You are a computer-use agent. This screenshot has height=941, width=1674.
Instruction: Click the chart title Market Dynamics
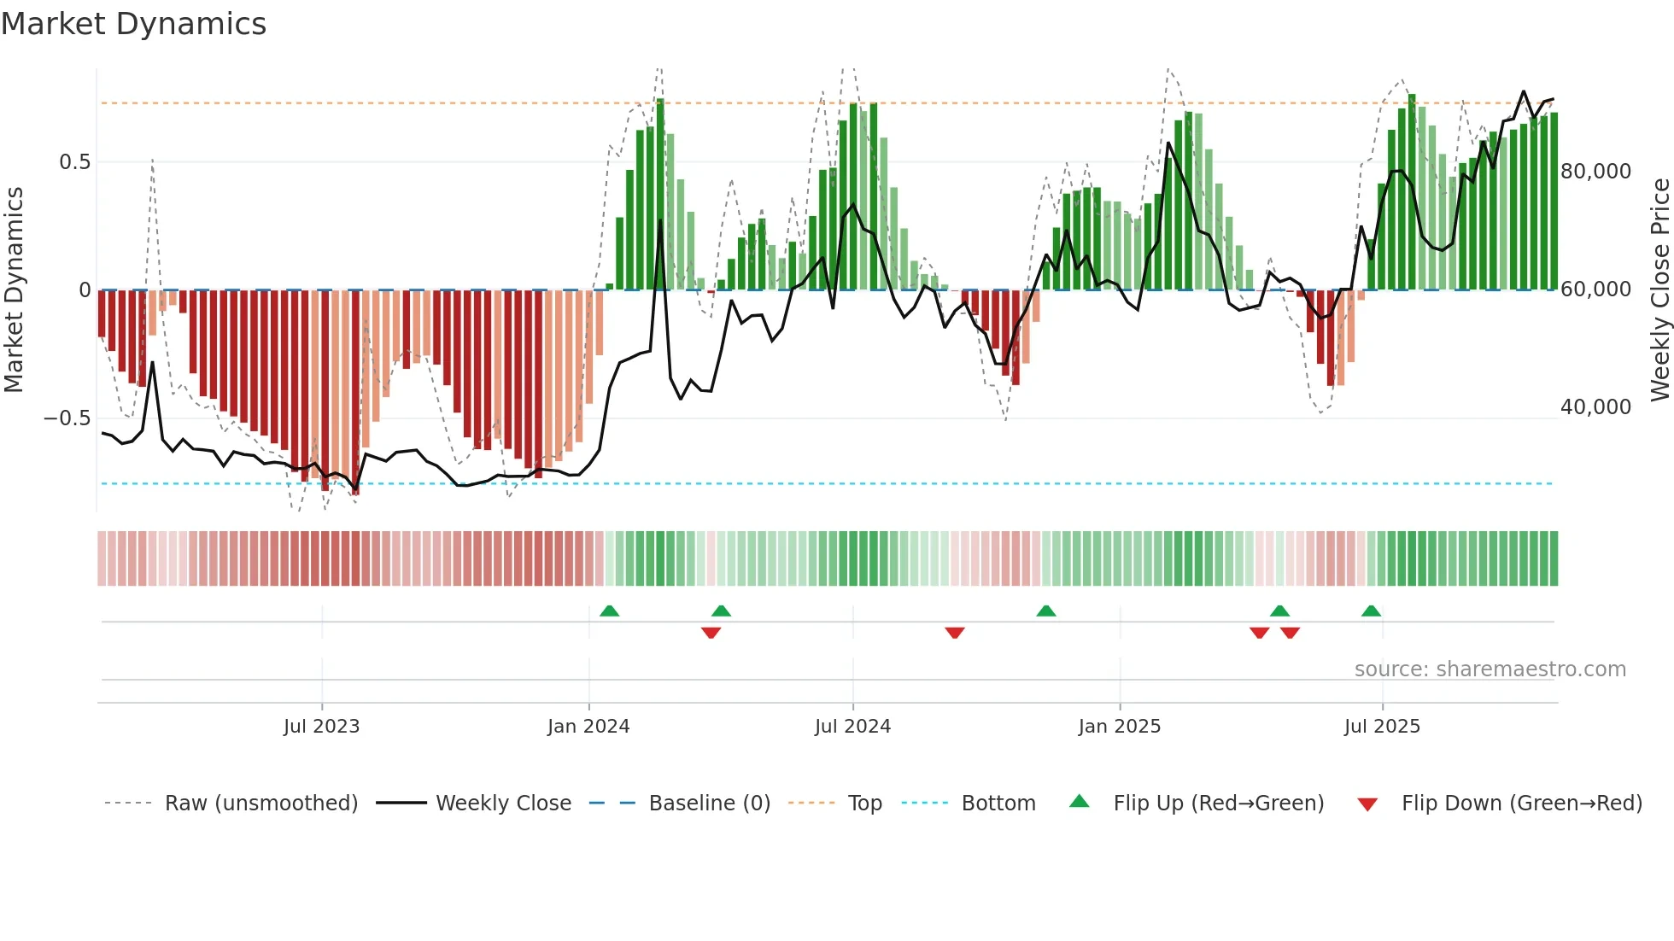[133, 24]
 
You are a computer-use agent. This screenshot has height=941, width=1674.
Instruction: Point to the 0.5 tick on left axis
[74, 162]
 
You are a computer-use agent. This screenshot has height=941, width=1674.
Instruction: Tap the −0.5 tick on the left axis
[67, 418]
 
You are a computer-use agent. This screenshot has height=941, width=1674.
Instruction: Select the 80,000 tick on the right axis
[1595, 172]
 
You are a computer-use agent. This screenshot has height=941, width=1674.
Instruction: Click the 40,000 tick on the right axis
[1595, 407]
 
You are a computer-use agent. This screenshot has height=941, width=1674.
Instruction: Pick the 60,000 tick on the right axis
[1595, 289]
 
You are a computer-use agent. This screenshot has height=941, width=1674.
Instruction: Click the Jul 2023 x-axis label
[321, 727]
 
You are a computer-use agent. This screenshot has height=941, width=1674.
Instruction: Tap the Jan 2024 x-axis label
[588, 727]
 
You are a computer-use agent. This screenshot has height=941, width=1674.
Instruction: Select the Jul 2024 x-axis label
[852, 727]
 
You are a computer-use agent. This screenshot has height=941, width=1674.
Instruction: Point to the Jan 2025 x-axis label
[1119, 727]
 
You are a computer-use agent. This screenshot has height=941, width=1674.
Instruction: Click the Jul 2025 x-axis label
[1382, 727]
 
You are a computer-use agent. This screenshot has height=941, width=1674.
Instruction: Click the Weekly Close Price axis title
[1659, 289]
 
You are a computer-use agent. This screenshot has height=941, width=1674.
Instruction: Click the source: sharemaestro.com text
[1490, 669]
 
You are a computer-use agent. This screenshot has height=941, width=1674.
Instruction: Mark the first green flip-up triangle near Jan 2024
[609, 611]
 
